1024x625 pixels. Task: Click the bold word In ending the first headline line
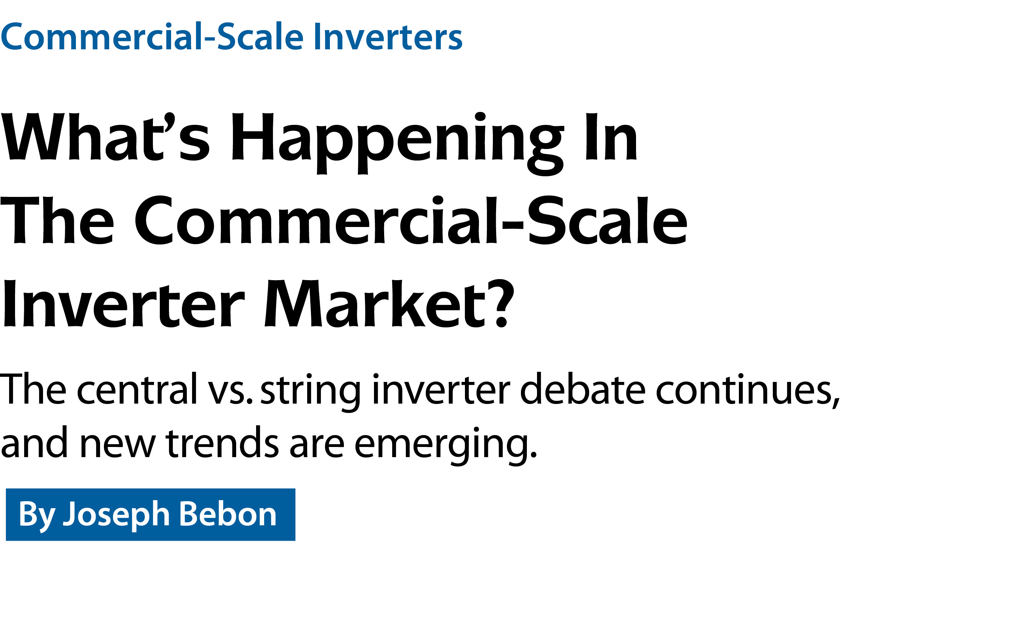point(611,137)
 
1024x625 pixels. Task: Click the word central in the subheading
point(137,389)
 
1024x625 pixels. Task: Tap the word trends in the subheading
point(223,442)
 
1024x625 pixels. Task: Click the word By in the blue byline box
point(37,515)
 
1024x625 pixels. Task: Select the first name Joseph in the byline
point(116,515)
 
